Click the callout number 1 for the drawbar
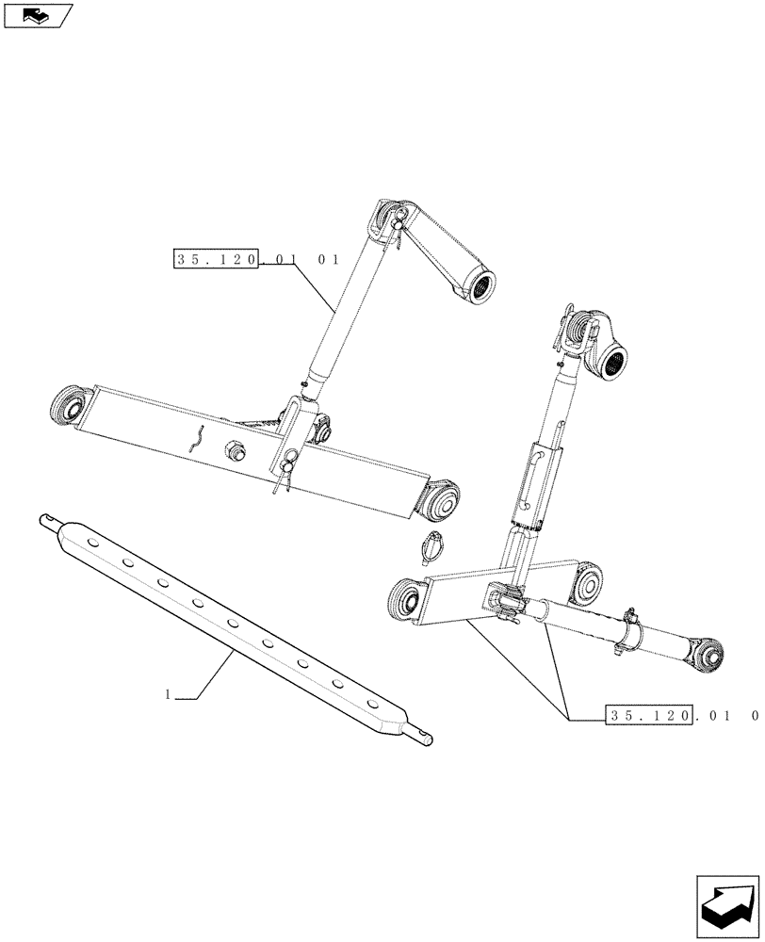[x=167, y=695]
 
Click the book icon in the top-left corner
[x=37, y=15]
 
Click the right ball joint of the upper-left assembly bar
[x=440, y=501]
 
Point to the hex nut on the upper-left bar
[x=235, y=451]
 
